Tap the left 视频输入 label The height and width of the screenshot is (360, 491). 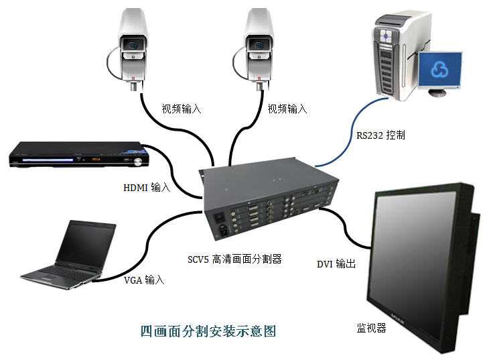point(182,108)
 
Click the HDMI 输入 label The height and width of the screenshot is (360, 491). point(147,188)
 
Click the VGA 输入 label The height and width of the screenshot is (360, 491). point(144,280)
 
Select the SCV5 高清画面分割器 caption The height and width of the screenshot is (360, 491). point(236,257)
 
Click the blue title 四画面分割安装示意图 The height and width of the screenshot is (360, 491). point(208,331)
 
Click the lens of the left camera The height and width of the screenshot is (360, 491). point(135,44)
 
